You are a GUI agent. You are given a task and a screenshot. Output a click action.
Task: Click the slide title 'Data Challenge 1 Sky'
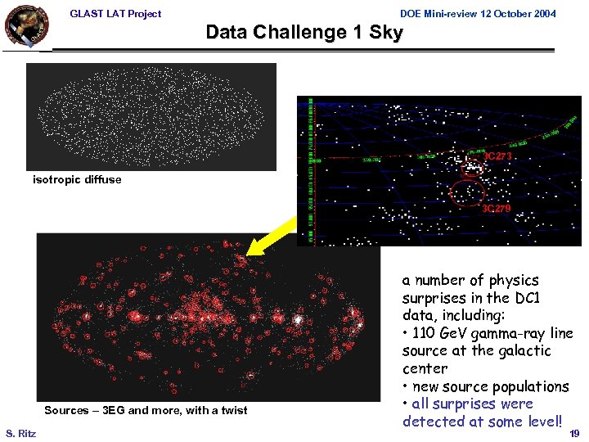point(303,33)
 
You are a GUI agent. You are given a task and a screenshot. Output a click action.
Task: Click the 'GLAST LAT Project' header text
point(115,13)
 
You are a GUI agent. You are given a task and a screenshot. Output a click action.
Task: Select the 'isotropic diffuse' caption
point(77,179)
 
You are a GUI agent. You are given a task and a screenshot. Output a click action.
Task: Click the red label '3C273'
point(498,156)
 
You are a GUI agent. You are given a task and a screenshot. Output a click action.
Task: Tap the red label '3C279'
point(496,210)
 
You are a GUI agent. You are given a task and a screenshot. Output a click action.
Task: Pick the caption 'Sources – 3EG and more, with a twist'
point(146,410)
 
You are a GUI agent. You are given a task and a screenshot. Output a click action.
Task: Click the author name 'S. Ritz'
point(20,433)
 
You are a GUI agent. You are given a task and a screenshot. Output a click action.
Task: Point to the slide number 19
point(574,433)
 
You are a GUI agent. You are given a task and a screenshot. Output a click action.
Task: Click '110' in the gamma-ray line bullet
point(425,333)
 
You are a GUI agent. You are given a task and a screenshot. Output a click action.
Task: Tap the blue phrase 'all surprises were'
point(472,404)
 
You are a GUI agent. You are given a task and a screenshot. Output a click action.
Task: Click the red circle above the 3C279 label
point(468,192)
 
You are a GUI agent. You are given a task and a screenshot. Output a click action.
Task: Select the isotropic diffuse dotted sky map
point(151,116)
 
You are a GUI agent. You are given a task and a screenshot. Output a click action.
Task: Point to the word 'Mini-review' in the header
point(449,13)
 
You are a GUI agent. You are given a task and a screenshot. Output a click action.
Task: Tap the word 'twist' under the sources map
point(232,410)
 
